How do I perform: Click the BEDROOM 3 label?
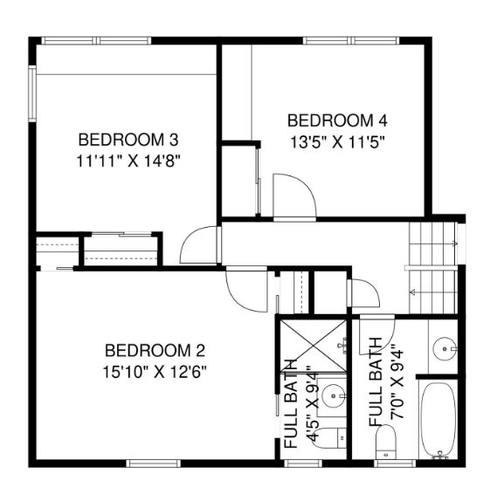pos(128,140)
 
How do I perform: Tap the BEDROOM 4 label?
pos(337,120)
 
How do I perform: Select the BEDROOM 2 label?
pos(155,351)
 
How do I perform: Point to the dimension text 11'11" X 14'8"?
pos(128,161)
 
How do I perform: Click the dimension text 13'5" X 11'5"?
pos(337,142)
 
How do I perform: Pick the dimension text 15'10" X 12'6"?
pos(155,372)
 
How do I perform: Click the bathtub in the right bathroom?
pos(438,420)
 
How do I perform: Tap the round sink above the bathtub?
pos(445,349)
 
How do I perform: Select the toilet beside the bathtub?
pos(386,442)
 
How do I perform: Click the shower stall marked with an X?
pos(313,346)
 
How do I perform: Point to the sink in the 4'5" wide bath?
pos(334,396)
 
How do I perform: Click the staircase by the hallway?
pos(433,268)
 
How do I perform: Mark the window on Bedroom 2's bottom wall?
pos(154,463)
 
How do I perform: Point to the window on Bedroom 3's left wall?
pos(32,93)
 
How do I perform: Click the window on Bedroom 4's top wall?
pos(351,40)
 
